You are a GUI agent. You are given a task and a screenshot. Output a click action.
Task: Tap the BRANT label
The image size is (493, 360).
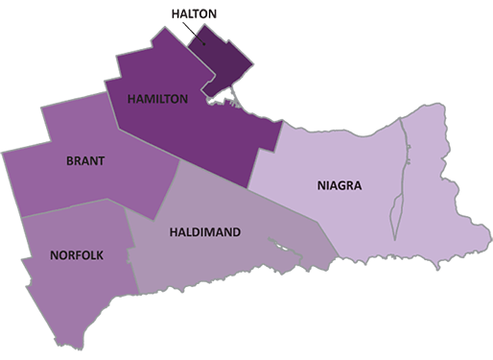pyautogui.click(x=85, y=160)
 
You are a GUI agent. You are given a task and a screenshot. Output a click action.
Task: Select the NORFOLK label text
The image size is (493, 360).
pyautogui.click(x=77, y=254)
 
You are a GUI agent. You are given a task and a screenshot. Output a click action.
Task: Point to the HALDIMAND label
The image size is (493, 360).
pyautogui.click(x=204, y=232)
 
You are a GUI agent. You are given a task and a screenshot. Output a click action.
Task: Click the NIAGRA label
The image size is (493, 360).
pyautogui.click(x=339, y=185)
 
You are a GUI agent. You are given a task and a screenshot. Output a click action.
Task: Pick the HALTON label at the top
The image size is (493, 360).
pyautogui.click(x=192, y=15)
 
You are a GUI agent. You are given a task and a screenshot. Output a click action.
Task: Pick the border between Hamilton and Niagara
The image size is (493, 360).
pyautogui.click(x=266, y=155)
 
